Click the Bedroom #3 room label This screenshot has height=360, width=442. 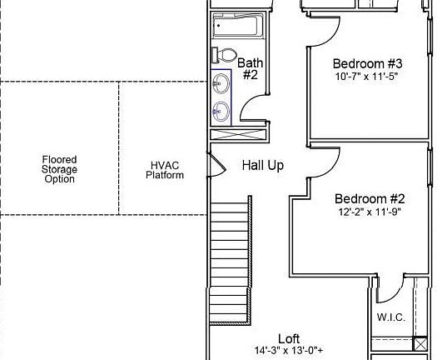[x=368, y=64]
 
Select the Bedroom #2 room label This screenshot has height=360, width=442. [x=370, y=199]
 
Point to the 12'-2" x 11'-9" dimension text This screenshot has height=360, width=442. [x=370, y=212]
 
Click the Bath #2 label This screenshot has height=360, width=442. [x=250, y=68]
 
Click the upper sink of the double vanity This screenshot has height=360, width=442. [x=221, y=83]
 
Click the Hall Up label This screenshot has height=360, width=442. [x=263, y=165]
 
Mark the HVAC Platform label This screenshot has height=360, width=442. [x=165, y=170]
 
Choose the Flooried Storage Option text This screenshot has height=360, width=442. [x=60, y=169]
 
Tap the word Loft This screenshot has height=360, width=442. [x=289, y=338]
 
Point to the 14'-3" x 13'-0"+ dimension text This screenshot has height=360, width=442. [x=289, y=351]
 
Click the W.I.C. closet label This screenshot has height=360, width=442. [x=390, y=317]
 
